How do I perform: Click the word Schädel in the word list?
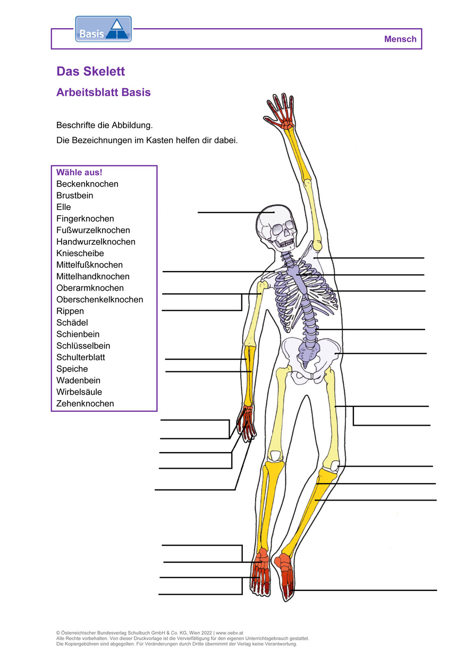coord(72,323)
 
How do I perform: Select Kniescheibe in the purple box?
coord(80,253)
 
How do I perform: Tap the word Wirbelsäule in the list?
coord(79,392)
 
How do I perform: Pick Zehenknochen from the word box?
coord(85,403)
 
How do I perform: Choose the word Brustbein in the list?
coord(75,196)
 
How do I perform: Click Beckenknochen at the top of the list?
coord(87,184)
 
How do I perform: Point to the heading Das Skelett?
coord(90,71)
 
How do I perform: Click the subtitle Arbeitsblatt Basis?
coord(104,92)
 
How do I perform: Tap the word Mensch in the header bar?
coord(400,39)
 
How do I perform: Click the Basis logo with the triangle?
coord(104,29)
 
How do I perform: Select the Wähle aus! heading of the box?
coord(79,172)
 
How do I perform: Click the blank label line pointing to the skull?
coord(236,213)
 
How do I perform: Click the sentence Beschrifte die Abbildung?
coord(105,125)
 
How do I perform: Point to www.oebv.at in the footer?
coord(230,632)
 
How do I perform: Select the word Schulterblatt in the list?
coord(81,357)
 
